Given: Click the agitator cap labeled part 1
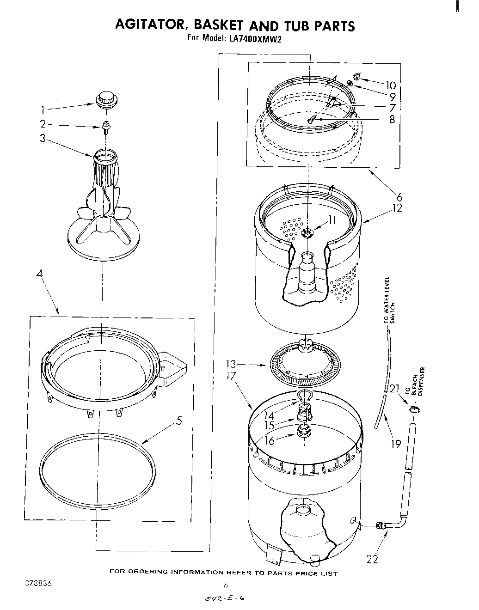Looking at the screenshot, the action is [105, 99].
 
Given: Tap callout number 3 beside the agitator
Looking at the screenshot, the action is [43, 138].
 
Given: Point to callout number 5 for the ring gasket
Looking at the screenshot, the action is [179, 421].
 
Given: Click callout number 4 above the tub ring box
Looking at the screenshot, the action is [40, 274].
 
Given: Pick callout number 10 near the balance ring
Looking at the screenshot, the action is [391, 85].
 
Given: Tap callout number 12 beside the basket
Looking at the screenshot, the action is [397, 208].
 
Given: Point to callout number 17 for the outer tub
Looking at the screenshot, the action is [231, 376].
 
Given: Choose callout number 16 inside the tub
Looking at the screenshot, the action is [270, 440].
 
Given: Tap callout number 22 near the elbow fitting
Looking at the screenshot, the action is [372, 560].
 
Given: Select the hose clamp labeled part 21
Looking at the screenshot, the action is [414, 409].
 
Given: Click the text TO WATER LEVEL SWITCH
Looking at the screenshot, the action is [390, 302].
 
